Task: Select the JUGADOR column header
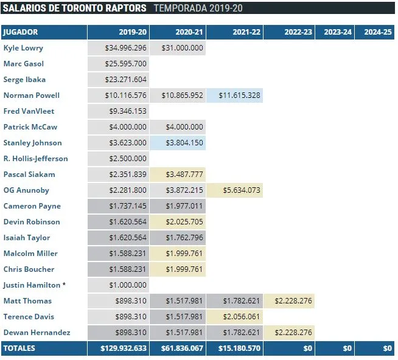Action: tap(21, 32)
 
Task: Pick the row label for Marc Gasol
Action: tap(24, 64)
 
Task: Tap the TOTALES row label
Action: tap(20, 348)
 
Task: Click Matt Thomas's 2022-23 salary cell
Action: tap(293, 301)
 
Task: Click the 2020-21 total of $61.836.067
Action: tap(181, 348)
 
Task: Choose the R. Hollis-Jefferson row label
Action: tap(36, 159)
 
